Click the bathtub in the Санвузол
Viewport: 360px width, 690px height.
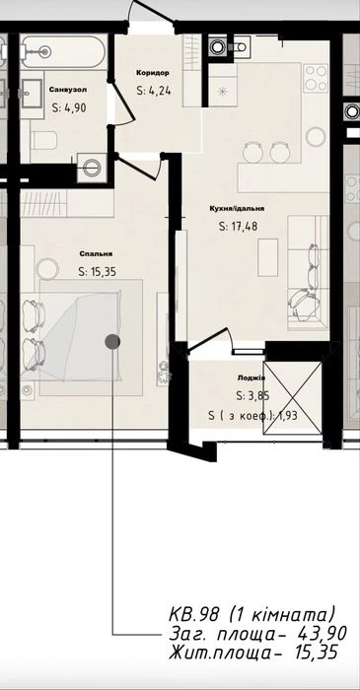(64, 51)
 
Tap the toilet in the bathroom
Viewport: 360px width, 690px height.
(43, 140)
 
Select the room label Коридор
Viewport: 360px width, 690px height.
(153, 73)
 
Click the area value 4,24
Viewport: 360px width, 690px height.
(154, 91)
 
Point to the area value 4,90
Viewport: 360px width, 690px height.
(69, 107)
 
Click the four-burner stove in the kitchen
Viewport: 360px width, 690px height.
(316, 78)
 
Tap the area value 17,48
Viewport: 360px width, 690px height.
(238, 227)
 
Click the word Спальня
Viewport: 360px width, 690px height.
(97, 254)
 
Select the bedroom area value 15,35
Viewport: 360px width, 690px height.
(98, 272)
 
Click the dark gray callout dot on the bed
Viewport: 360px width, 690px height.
(112, 341)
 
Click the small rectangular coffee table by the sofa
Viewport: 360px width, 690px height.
(267, 257)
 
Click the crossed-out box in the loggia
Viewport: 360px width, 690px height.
(292, 398)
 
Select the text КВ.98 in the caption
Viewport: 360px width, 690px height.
(193, 614)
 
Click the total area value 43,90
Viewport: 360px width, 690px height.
(324, 634)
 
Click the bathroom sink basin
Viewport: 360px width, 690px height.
(33, 94)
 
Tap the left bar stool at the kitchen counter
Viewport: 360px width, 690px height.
(252, 152)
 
